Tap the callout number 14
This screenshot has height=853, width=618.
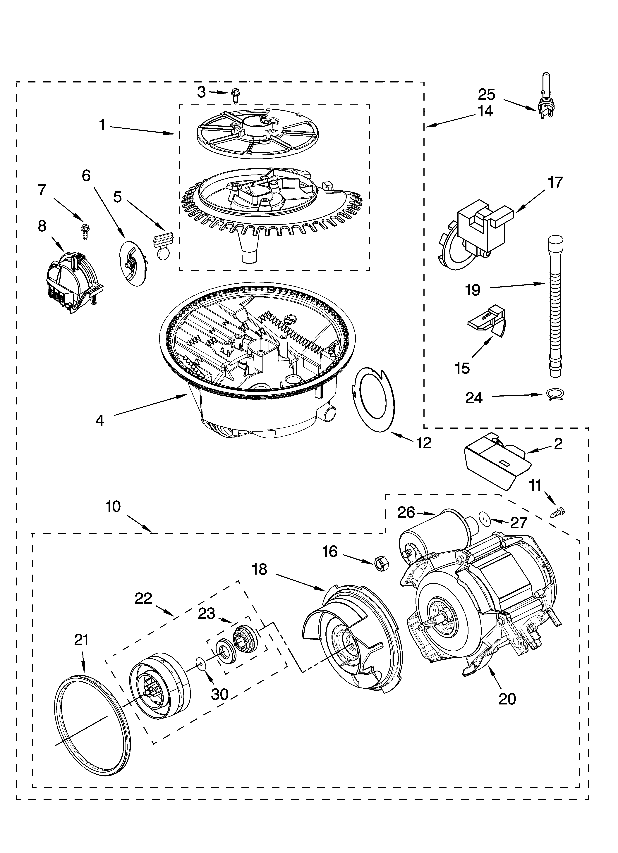(x=485, y=111)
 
